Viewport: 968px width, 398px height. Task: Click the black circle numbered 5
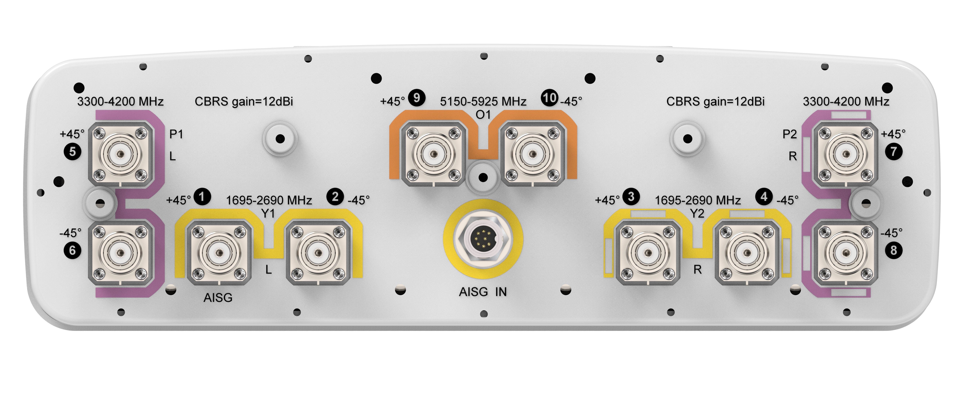73,152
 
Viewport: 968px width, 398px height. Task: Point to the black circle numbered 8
894,251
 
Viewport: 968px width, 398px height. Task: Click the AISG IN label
483,292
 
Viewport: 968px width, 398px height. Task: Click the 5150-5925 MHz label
483,101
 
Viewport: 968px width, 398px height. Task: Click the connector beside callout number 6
121,253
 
